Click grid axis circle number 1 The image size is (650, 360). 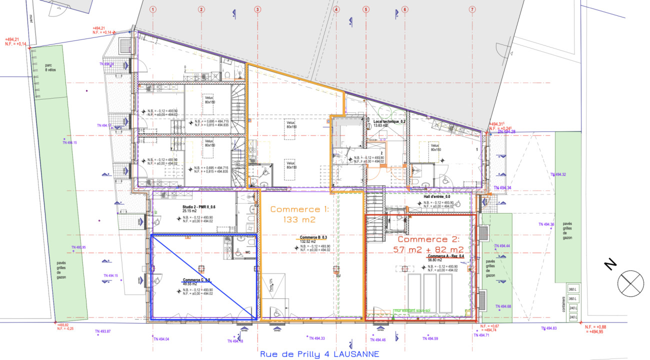[153, 9]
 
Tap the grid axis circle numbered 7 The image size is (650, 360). [472, 9]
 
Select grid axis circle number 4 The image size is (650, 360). [336, 9]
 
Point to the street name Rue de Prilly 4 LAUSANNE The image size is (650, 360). [319, 354]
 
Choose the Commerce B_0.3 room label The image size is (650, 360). [313, 237]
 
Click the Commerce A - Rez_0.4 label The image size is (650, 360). [445, 256]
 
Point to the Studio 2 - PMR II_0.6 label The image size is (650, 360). [198, 206]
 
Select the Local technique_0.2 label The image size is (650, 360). [389, 121]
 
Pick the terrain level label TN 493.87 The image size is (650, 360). [102, 332]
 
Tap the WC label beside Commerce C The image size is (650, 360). [247, 252]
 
